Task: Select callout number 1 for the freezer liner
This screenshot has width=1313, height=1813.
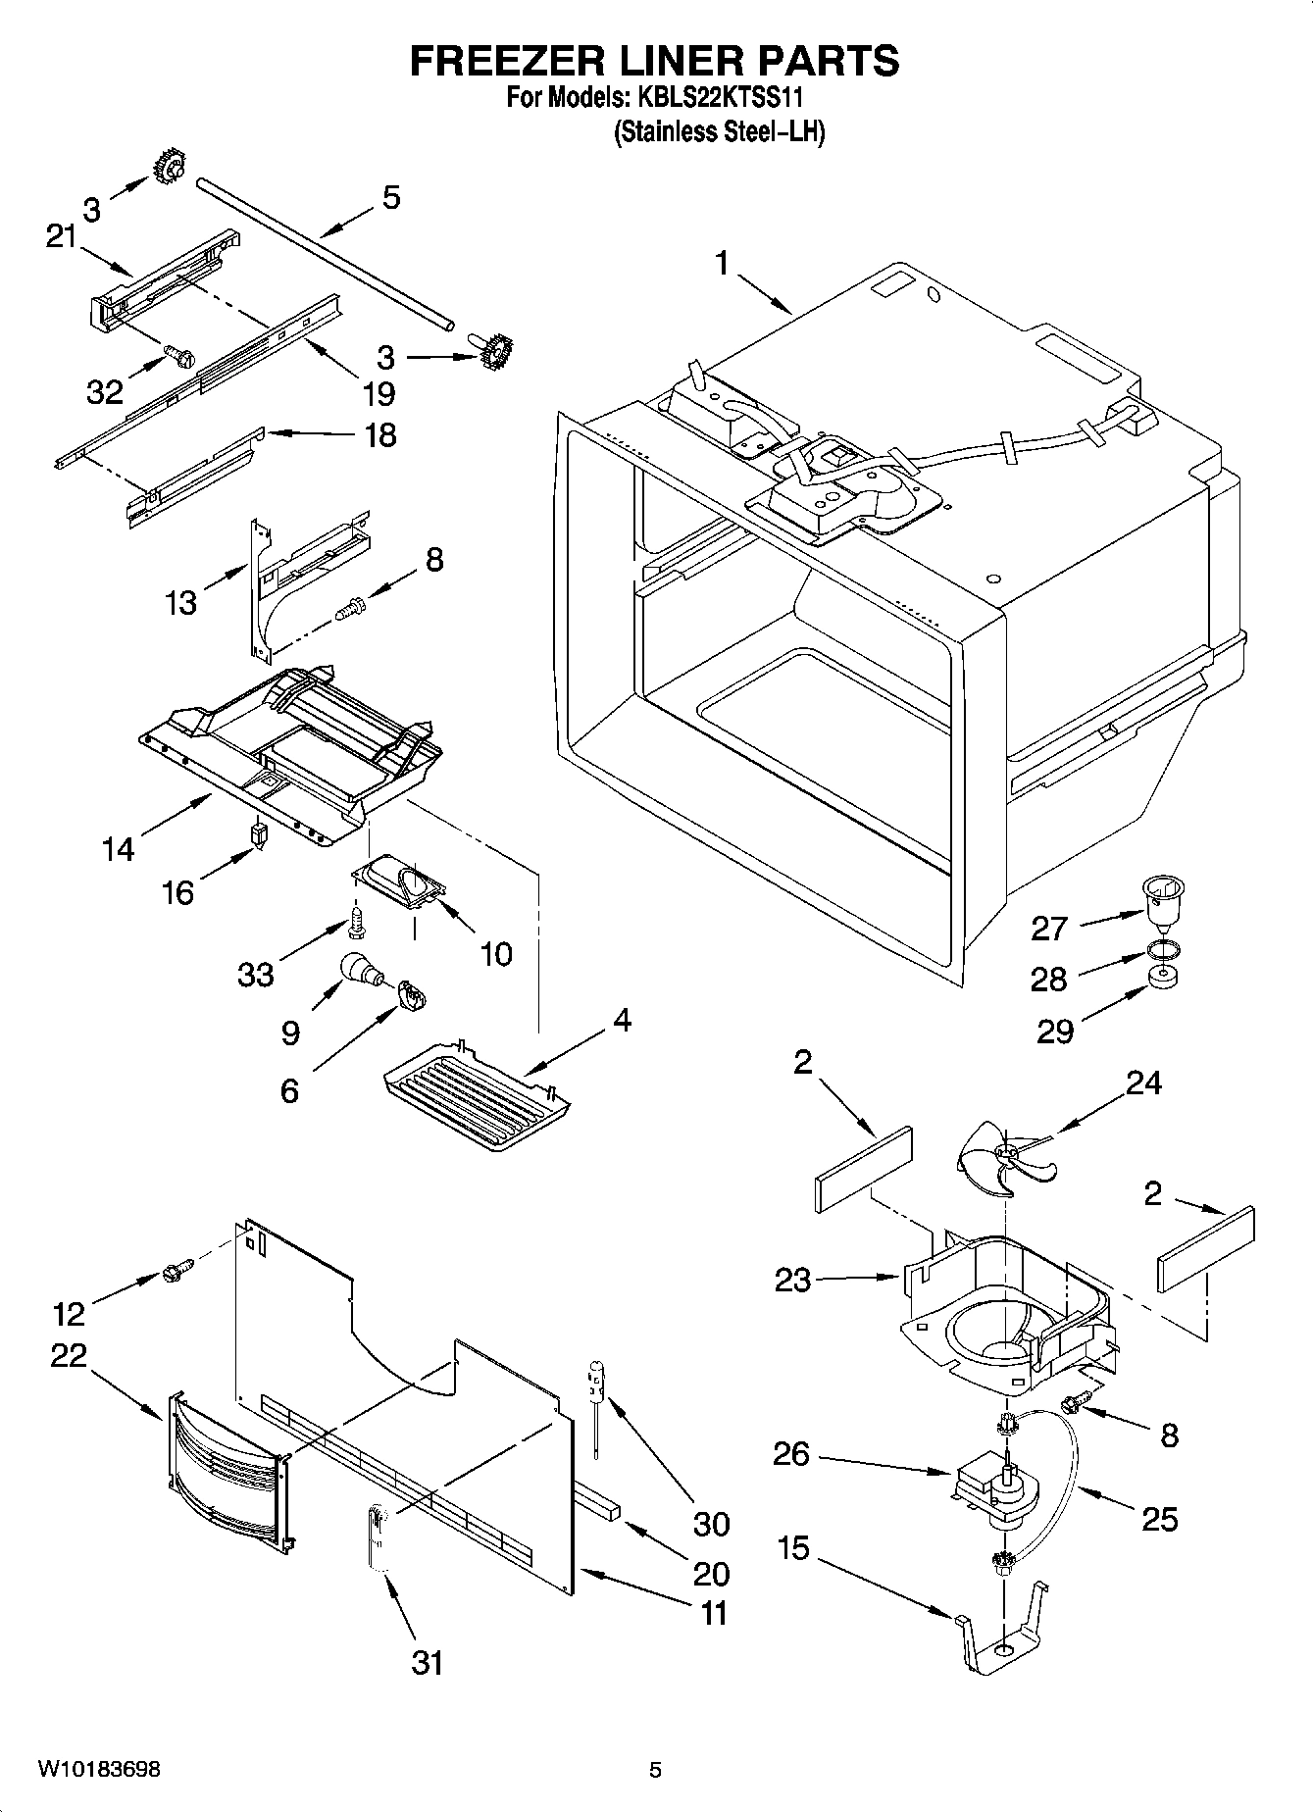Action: [722, 263]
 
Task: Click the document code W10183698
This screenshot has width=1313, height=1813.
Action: [99, 1770]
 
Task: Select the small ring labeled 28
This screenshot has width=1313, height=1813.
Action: [1162, 949]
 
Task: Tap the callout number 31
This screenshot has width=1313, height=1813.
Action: [428, 1662]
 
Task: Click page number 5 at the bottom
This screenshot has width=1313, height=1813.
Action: [655, 1770]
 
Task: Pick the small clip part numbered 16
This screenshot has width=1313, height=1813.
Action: [259, 836]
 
